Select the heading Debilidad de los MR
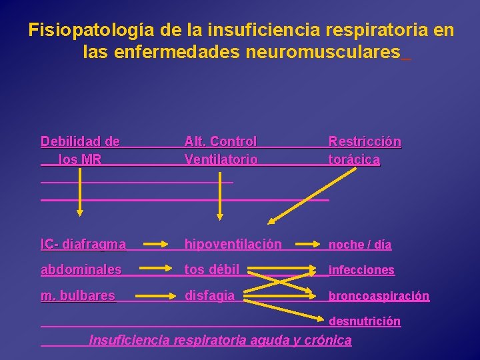coord(81,150)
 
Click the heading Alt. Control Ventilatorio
coord(221,150)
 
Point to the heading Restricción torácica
coord(365,150)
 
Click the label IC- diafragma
coord(83,244)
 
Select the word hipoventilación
coord(233,244)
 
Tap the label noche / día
coord(360,245)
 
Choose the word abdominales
coord(81,269)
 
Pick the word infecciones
coord(362,270)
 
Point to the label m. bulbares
coord(78,295)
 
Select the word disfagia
coord(210,295)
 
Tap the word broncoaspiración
coord(379,295)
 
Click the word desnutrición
coord(365,321)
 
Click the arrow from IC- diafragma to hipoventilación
coord(155,245)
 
